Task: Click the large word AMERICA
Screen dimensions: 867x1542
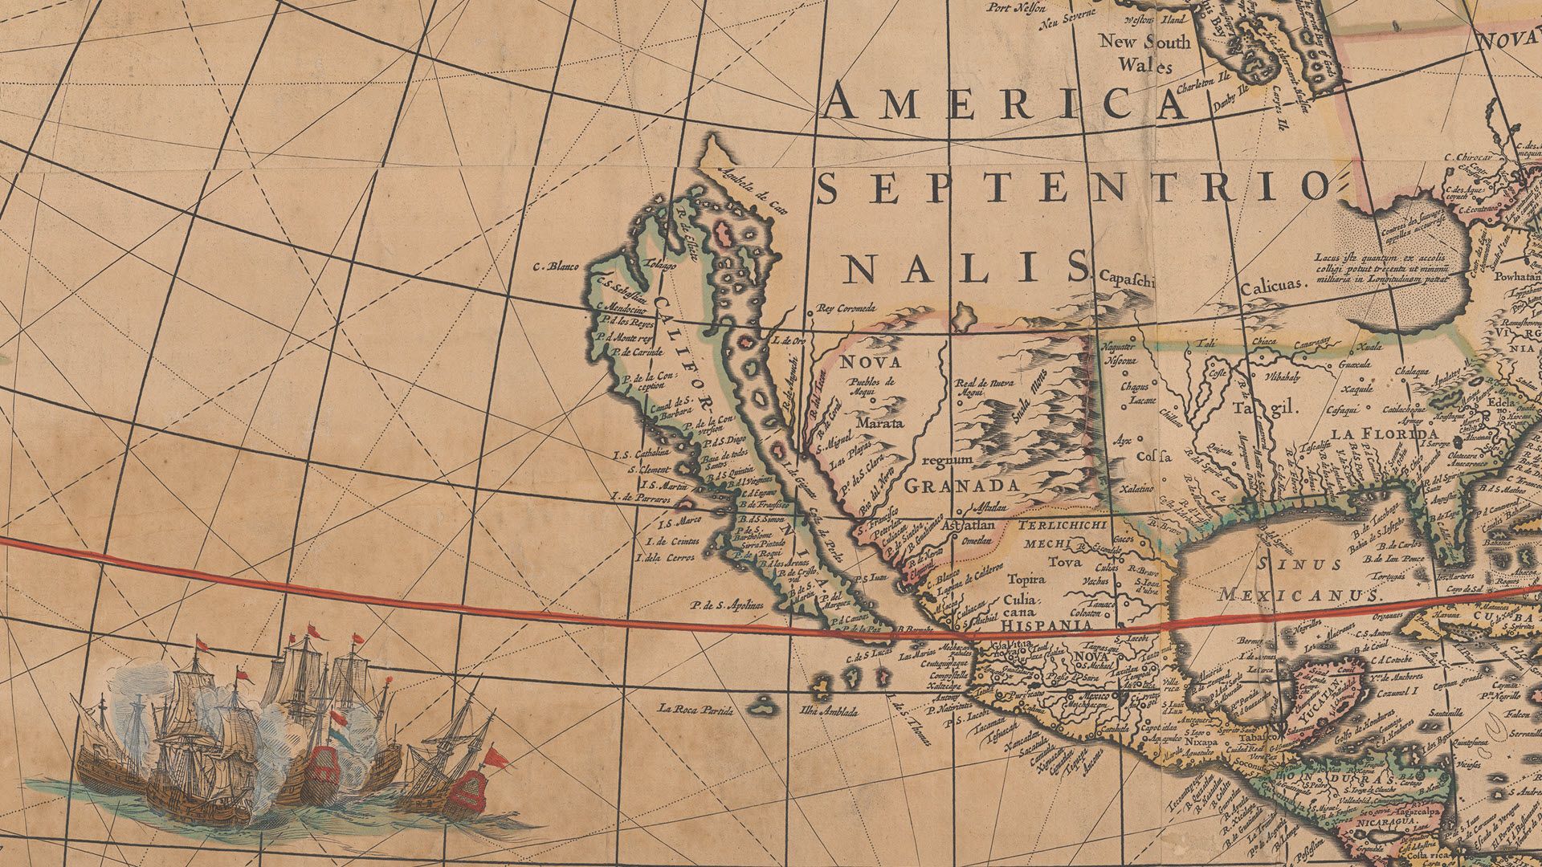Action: (1004, 103)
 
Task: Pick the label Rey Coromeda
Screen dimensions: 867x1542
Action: (844, 307)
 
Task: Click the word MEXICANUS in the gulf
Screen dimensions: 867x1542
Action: (1298, 595)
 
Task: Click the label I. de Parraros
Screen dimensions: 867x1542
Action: (640, 499)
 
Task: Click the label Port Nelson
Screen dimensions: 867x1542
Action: (1017, 7)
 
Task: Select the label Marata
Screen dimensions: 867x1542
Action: (879, 422)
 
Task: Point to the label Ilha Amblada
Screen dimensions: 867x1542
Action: (829, 711)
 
